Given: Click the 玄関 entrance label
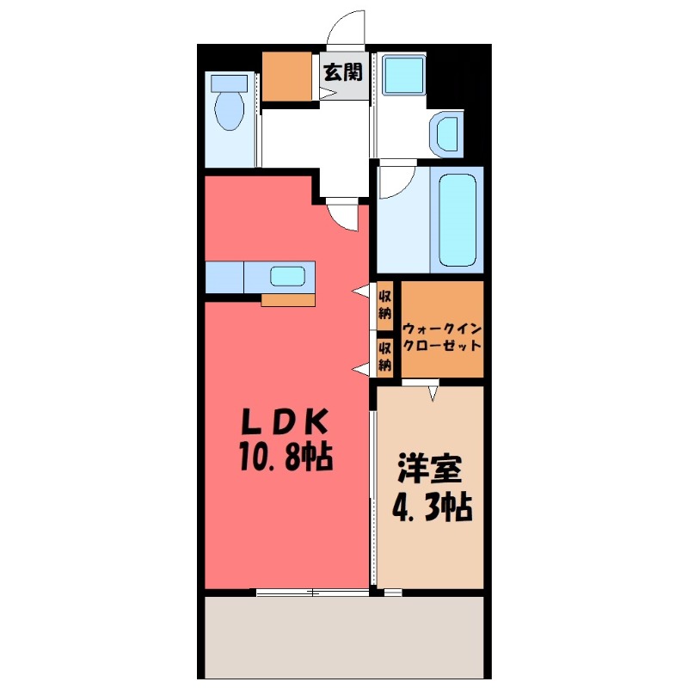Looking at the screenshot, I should click(342, 72).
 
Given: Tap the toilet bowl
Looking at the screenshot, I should click(229, 112).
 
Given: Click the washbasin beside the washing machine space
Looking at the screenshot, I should click(447, 134).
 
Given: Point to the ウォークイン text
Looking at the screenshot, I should click(442, 328).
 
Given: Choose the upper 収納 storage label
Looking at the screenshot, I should click(386, 305).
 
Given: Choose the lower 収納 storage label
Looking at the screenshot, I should click(386, 356).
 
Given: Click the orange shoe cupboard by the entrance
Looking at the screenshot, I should click(287, 76).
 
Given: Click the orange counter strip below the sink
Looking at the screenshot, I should click(288, 299).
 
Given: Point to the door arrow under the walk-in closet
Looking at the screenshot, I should click(433, 393).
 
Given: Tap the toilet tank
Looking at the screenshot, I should click(229, 83).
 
